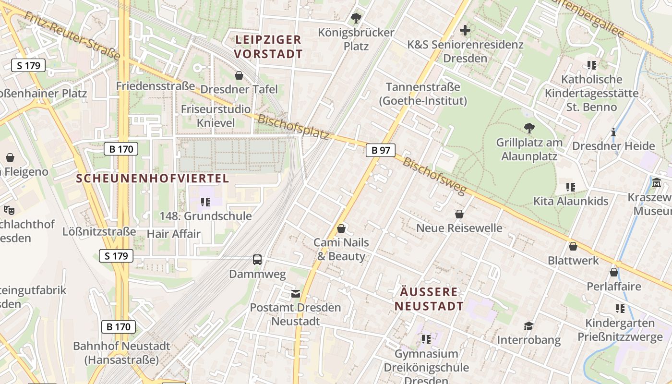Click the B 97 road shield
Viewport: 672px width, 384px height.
[x=381, y=150]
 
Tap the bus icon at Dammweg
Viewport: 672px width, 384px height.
[x=257, y=260]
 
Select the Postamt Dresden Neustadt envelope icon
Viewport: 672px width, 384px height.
[x=295, y=293]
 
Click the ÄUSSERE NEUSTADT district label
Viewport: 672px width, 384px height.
[x=429, y=299]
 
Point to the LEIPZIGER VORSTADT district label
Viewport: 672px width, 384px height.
[x=268, y=47]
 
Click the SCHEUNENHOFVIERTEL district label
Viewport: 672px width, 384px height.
[x=153, y=179]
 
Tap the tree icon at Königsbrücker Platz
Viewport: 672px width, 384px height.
[x=356, y=19]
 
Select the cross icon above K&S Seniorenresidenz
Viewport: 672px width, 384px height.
[x=465, y=31]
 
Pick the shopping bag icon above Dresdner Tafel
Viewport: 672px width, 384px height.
[x=239, y=75]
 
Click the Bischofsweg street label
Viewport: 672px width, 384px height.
[x=434, y=176]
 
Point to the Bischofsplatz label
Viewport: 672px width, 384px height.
[x=293, y=127]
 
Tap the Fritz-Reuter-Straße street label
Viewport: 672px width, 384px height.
[x=72, y=36]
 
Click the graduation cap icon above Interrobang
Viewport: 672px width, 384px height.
[x=528, y=326]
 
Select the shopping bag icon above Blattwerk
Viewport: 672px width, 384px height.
[x=573, y=247]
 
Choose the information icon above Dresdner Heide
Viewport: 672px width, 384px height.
[x=613, y=132]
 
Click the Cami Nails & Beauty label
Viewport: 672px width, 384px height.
[x=341, y=249]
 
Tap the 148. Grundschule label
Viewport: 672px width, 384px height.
[x=205, y=216]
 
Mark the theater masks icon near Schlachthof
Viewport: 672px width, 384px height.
[x=9, y=210]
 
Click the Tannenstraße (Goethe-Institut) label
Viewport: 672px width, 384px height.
[x=423, y=94]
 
